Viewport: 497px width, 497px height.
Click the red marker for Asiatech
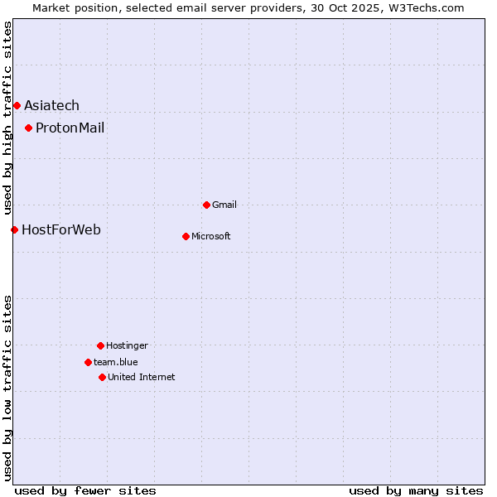pyautogui.click(x=17, y=105)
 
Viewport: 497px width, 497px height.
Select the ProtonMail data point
pyautogui.click(x=28, y=128)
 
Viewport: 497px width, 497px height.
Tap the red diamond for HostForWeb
pyautogui.click(x=14, y=229)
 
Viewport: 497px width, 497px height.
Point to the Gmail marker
pyautogui.click(x=206, y=205)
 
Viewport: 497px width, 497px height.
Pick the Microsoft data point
pyautogui.click(x=186, y=236)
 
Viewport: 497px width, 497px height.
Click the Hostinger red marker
pyautogui.click(x=100, y=345)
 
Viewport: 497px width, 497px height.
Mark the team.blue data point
pyautogui.click(x=88, y=362)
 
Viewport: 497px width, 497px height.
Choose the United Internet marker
pyautogui.click(x=102, y=377)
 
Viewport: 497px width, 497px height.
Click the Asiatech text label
pyautogui.click(x=51, y=105)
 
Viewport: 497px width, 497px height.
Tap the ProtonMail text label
pyautogui.click(x=70, y=128)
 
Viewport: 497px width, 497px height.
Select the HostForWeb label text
pyautogui.click(x=61, y=229)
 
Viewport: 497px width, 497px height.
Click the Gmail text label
pyautogui.click(x=224, y=205)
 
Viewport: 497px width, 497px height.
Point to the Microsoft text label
pyautogui.click(x=211, y=236)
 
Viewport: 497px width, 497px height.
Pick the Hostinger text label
pyautogui.click(x=127, y=345)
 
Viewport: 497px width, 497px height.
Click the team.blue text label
pyautogui.click(x=116, y=362)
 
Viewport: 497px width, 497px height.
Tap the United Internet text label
pyautogui.click(x=142, y=377)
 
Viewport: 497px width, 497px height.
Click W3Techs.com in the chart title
pyautogui.click(x=422, y=7)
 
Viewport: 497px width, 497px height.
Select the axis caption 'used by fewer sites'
pyautogui.click(x=85, y=490)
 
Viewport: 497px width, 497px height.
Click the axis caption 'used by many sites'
pyautogui.click(x=416, y=490)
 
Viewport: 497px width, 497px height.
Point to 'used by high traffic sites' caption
pyautogui.click(x=7, y=117)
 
